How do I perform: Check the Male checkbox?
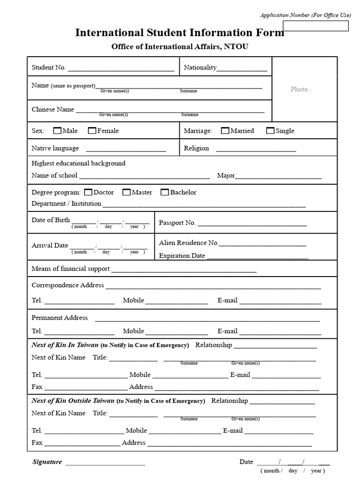(57, 131)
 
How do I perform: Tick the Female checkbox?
(92, 131)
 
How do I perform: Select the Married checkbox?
(225, 131)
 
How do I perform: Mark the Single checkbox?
(270, 131)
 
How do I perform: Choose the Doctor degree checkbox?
(88, 192)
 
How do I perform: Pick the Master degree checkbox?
(127, 192)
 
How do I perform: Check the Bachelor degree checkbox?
(165, 192)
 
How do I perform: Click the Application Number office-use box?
(322, 26)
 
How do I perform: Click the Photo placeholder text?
(299, 89)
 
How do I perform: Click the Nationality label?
(200, 67)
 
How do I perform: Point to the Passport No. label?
(177, 223)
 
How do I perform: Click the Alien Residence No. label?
(189, 243)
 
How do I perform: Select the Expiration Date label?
(182, 256)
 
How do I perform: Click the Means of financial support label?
(70, 269)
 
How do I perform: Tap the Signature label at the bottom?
(47, 462)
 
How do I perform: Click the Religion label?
(196, 148)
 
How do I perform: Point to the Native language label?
(55, 148)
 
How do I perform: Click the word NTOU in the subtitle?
(236, 46)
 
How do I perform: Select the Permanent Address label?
(60, 318)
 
